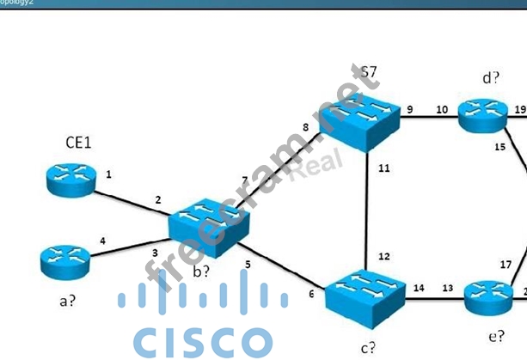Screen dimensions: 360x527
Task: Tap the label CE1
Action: pos(79,142)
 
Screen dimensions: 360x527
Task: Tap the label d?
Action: pos(491,78)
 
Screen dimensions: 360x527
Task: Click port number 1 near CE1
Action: pos(109,174)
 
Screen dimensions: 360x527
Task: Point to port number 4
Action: pos(103,241)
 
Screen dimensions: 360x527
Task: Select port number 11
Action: pos(383,168)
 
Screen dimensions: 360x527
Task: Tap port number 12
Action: pos(383,256)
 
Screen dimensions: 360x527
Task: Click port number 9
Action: pos(409,109)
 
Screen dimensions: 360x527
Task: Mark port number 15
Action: pos(499,147)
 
